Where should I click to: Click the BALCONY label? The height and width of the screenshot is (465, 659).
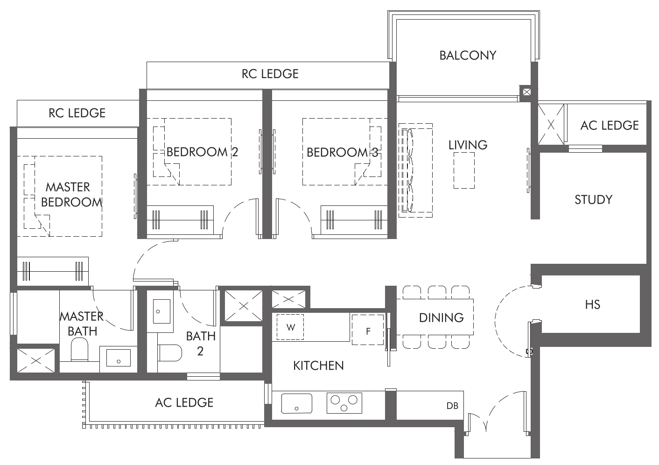[x=467, y=55]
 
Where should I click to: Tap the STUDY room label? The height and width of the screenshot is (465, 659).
[x=593, y=199]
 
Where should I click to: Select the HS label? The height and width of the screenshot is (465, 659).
[x=592, y=304]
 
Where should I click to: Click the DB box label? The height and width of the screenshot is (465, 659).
[x=452, y=406]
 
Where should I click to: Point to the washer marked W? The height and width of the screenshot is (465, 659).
[x=290, y=327]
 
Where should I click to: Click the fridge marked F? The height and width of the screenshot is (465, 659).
[x=368, y=331]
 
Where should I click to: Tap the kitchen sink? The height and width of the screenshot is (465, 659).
[x=296, y=403]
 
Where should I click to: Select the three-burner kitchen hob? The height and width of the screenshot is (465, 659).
[x=344, y=403]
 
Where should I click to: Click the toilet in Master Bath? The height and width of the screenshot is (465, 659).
[x=79, y=350]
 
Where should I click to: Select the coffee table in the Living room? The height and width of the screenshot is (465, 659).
[x=464, y=170]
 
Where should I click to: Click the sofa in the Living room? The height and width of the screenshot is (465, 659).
[x=415, y=170]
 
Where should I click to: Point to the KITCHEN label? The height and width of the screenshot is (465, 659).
[x=318, y=365]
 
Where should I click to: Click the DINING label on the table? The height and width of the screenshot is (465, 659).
[x=441, y=317]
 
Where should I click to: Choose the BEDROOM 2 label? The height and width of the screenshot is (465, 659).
[x=202, y=152]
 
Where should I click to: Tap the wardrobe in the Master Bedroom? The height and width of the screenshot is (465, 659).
[x=52, y=271]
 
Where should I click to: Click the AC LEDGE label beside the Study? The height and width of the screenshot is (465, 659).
[x=609, y=125]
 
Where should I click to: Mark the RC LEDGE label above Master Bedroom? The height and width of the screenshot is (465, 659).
[x=77, y=113]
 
